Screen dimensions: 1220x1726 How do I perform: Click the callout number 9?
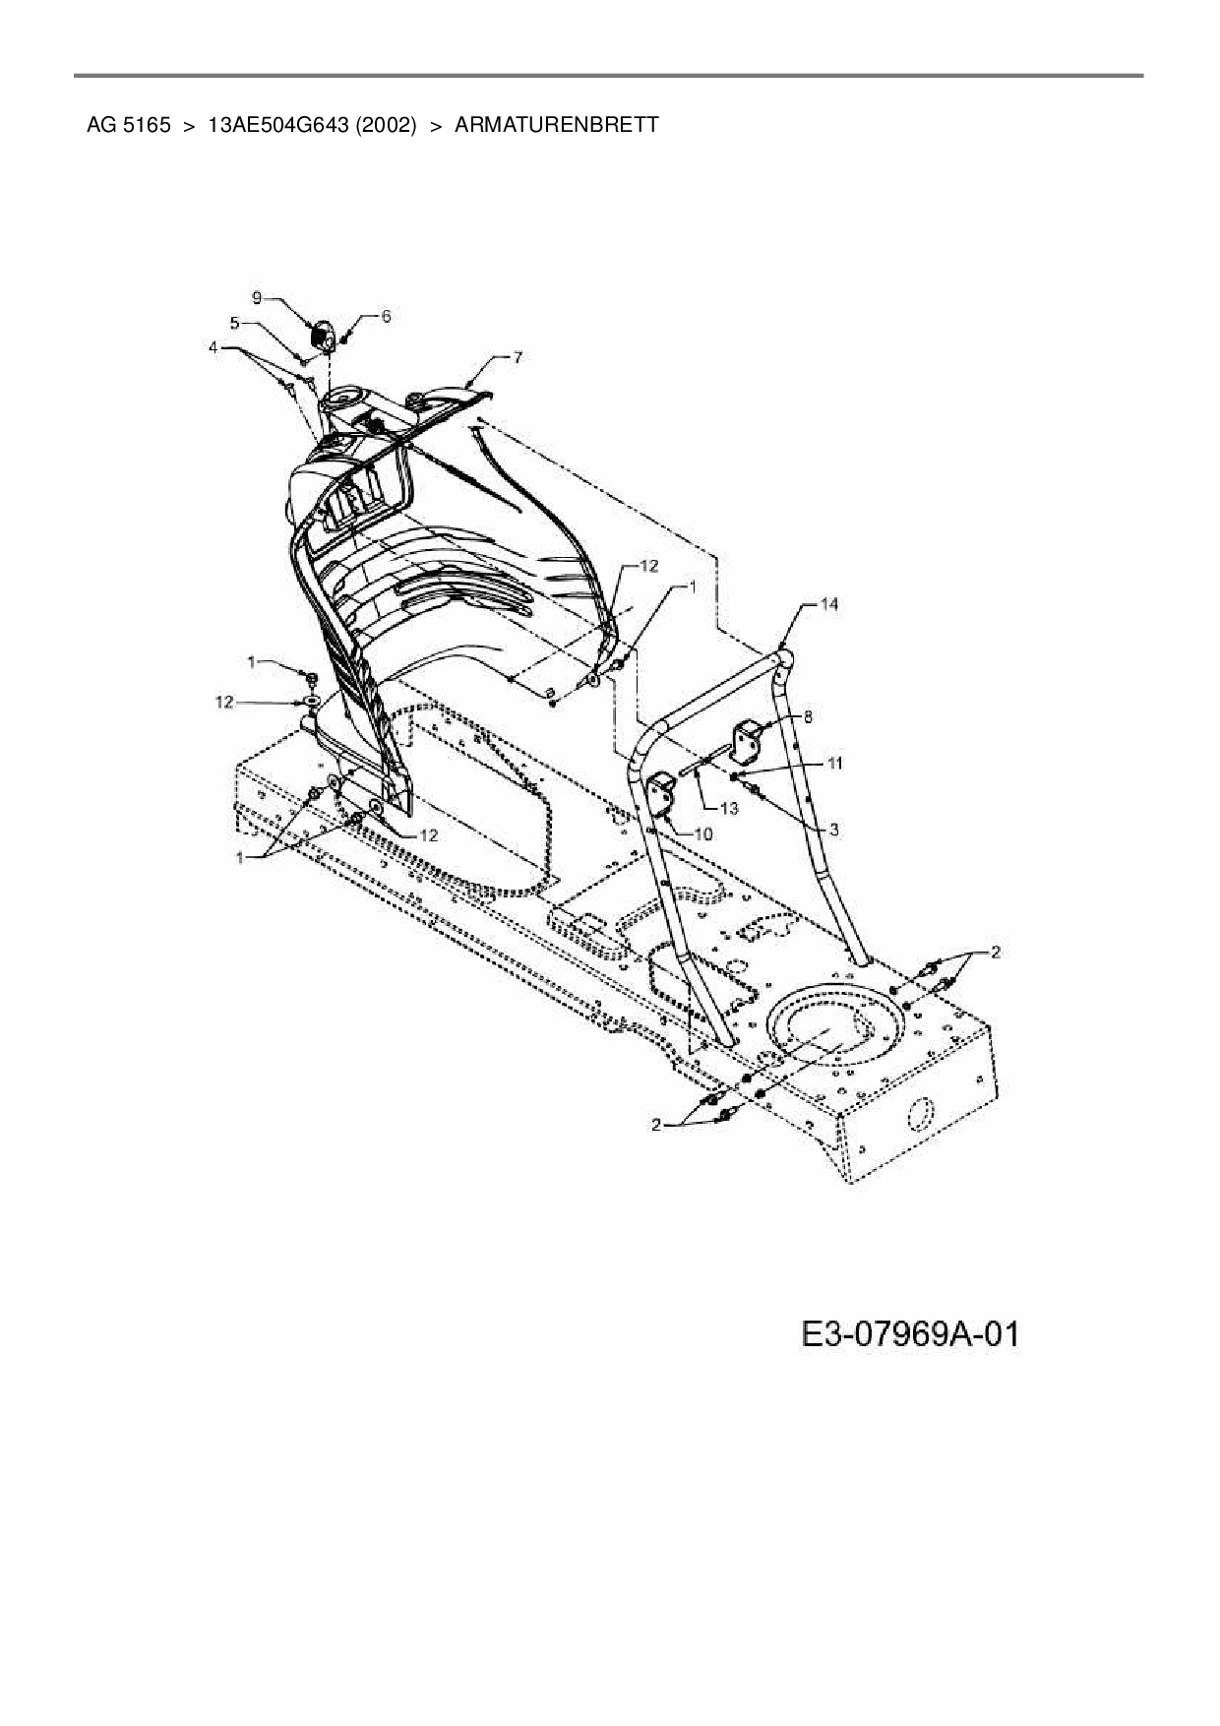tap(257, 297)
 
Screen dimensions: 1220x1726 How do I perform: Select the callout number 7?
tap(518, 358)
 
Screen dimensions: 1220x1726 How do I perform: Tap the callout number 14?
tap(829, 604)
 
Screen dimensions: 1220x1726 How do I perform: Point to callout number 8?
tap(808, 717)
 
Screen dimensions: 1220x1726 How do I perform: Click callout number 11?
tap(834, 763)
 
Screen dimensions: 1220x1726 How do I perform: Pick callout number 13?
tap(729, 808)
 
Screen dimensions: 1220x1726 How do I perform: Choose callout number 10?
tap(702, 833)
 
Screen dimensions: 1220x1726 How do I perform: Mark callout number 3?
tap(833, 830)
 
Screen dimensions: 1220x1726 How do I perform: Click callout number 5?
tap(234, 322)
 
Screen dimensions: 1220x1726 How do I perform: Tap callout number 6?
tap(386, 316)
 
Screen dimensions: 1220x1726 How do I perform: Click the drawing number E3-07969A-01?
tap(910, 1334)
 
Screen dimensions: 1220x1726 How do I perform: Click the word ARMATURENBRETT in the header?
tap(557, 125)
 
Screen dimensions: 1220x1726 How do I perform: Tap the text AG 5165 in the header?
tap(129, 125)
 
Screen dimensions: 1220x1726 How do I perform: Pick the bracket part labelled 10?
tap(661, 795)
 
